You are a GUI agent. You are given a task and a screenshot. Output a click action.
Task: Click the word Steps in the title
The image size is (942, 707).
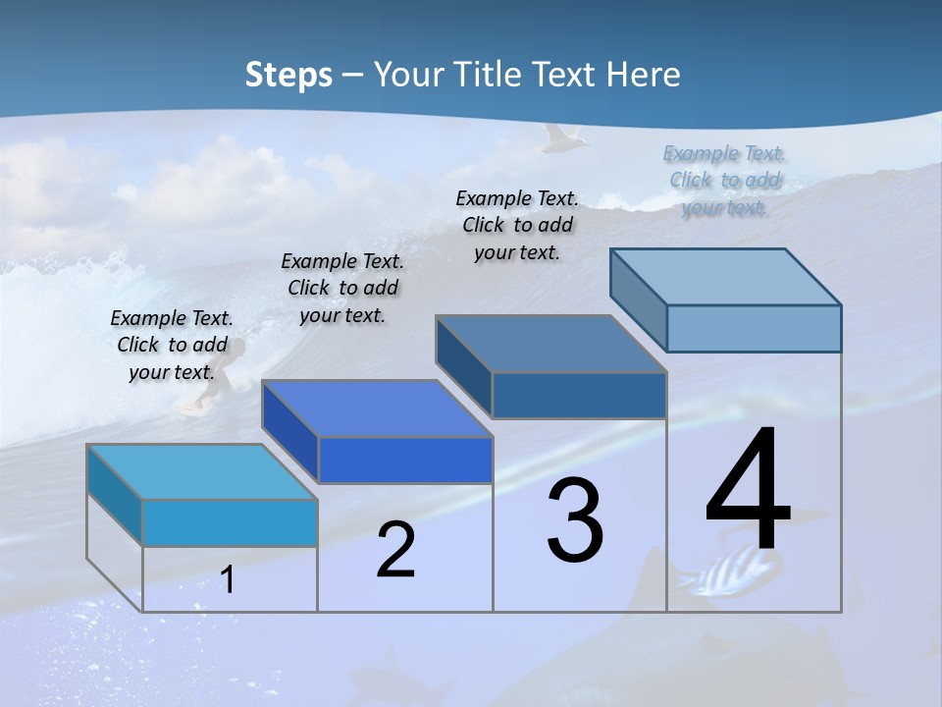tap(288, 75)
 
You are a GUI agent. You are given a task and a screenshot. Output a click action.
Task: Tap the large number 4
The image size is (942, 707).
tap(748, 491)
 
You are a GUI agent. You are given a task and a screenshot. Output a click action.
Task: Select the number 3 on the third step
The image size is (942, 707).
tap(575, 521)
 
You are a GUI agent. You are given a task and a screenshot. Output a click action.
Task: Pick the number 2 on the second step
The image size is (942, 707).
tap(395, 550)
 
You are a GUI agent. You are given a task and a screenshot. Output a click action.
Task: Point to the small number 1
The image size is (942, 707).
tap(227, 579)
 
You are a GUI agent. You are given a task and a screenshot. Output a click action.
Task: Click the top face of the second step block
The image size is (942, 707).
tap(377, 408)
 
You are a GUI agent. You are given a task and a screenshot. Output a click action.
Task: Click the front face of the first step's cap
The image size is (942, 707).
tap(230, 522)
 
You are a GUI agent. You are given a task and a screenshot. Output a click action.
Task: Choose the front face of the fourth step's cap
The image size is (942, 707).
tap(754, 328)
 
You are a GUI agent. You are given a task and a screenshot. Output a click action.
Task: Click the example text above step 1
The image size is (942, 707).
tap(172, 345)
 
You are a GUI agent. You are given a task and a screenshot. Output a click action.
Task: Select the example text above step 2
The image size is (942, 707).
tap(342, 288)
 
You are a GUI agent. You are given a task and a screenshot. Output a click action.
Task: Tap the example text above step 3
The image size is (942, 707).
tap(517, 225)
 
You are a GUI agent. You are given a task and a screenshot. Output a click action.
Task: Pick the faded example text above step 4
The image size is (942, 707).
tap(725, 180)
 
